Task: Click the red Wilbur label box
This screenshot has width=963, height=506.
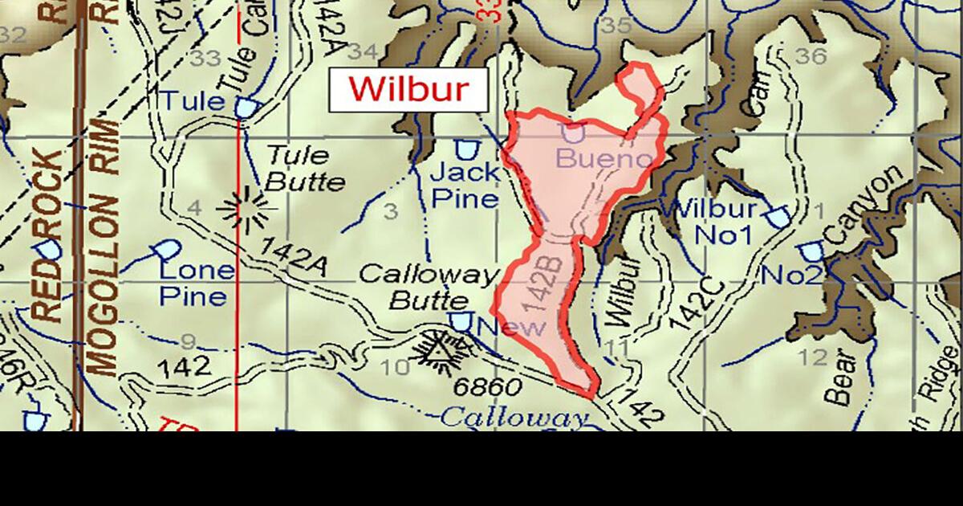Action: click(408, 89)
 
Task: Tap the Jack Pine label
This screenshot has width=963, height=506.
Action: click(465, 185)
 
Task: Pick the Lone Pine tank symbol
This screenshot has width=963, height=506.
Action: click(168, 250)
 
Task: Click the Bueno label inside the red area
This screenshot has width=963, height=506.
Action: click(603, 159)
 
